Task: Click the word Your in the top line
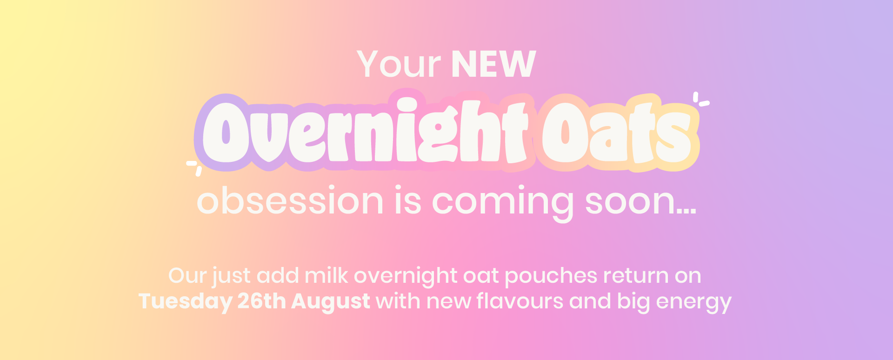click(x=399, y=64)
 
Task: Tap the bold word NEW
click(x=493, y=64)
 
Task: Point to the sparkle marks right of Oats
click(x=701, y=100)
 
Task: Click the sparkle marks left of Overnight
click(x=194, y=168)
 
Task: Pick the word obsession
click(x=290, y=201)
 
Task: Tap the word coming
click(x=503, y=203)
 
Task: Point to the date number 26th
click(x=261, y=301)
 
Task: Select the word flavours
click(x=520, y=301)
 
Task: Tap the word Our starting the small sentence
click(x=187, y=276)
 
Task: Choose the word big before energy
click(x=633, y=302)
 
